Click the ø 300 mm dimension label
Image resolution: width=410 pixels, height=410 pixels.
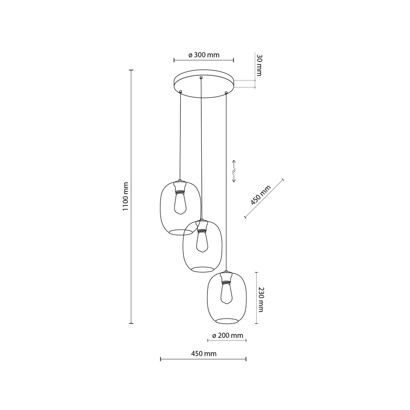pyautogui.click(x=204, y=55)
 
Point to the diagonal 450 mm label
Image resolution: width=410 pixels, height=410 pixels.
pyautogui.click(x=261, y=195)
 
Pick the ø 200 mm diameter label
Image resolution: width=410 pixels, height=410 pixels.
pyautogui.click(x=228, y=336)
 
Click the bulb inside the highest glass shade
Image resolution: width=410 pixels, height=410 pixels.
pyautogui.click(x=180, y=203)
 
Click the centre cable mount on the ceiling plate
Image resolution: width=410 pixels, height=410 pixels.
pyautogui.click(x=200, y=77)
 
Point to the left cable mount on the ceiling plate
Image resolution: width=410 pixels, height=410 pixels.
pyautogui.click(x=180, y=91)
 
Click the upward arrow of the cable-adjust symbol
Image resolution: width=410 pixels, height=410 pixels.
pyautogui.click(x=234, y=163)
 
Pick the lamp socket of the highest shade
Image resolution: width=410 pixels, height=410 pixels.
pyautogui.click(x=180, y=187)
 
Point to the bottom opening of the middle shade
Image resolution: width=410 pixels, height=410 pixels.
pyautogui.click(x=203, y=269)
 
